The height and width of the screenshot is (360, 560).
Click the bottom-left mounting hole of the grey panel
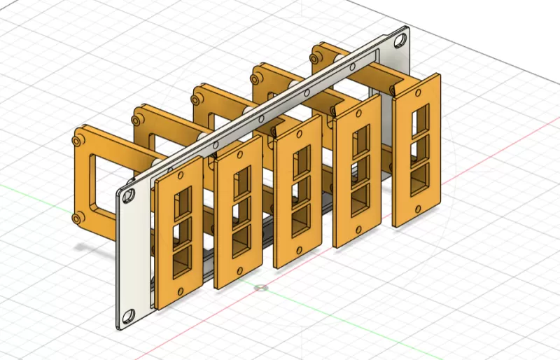pos(128,312)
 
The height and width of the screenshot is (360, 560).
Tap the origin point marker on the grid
pos(261,287)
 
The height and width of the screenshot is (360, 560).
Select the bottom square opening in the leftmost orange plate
pos(179,258)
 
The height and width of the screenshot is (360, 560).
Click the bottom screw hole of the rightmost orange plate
pos(418,204)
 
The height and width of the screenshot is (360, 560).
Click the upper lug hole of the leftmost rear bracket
pos(77,140)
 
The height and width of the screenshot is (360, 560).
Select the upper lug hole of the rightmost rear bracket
pos(316,51)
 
